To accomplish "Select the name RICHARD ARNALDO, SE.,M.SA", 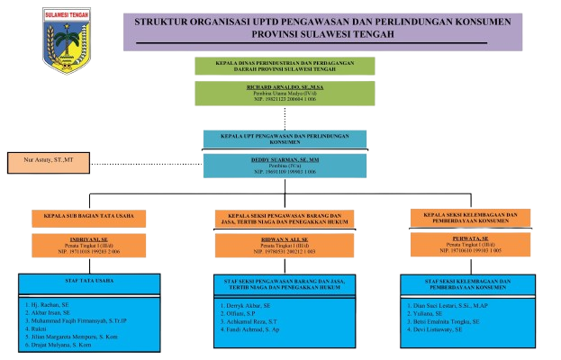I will [284, 86].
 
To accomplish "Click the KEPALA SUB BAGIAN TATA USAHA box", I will [88, 216].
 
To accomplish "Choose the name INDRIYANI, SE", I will [88, 239].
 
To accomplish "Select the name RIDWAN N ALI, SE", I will [284, 239].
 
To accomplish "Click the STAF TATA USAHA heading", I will [88, 281].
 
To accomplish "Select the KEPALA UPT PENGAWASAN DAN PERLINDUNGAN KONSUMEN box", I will [284, 139].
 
